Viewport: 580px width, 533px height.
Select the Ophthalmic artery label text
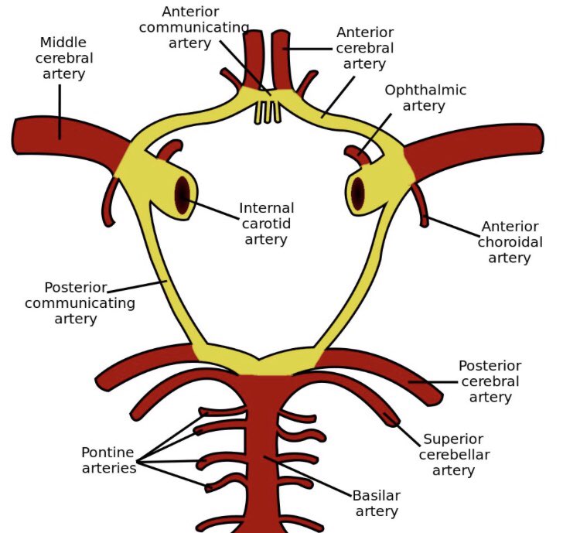pyautogui.click(x=425, y=97)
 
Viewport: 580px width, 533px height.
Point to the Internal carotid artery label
pyautogui.click(x=266, y=224)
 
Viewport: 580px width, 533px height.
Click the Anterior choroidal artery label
pyautogui.click(x=510, y=242)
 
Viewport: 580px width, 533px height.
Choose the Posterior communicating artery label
pyautogui.click(x=80, y=302)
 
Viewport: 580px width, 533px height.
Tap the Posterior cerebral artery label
pyautogui.click(x=490, y=381)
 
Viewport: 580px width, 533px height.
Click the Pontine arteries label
pyautogui.click(x=108, y=460)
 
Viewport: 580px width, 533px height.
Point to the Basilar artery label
pyautogui.click(x=377, y=503)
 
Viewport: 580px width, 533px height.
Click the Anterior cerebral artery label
pyautogui.click(x=364, y=48)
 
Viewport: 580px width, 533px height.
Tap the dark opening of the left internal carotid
pyautogui.click(x=183, y=195)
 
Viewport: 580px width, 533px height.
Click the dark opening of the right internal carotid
pyautogui.click(x=358, y=193)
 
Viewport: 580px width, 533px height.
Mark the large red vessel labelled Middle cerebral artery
pyautogui.click(x=62, y=136)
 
